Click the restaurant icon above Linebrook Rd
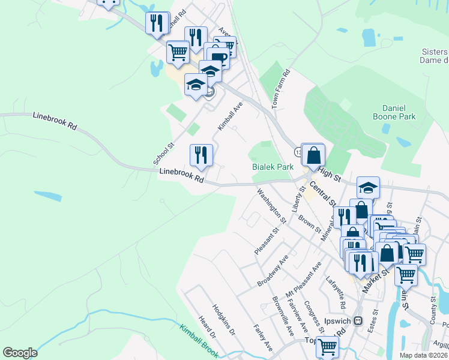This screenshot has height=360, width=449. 201,155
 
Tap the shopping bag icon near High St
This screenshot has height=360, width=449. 313,155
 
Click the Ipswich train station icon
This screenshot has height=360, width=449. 358,320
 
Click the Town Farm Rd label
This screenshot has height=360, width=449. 281,88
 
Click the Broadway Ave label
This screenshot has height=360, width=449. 273,270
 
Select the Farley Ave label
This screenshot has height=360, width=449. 263,338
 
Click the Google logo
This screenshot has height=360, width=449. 20,353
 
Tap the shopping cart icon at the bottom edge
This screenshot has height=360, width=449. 328,346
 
